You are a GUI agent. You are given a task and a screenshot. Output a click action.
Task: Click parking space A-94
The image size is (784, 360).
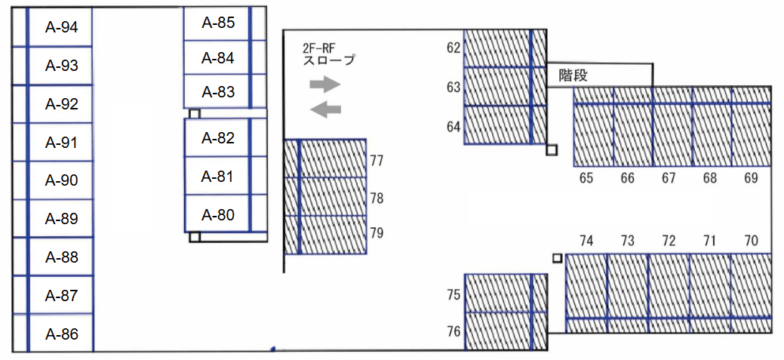61,27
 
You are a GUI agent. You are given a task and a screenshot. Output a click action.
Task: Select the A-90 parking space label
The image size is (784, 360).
61,180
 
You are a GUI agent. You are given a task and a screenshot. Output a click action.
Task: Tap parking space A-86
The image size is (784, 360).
61,334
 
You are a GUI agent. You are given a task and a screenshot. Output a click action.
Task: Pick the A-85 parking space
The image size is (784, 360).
218,23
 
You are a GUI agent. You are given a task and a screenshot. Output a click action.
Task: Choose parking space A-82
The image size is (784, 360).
218,138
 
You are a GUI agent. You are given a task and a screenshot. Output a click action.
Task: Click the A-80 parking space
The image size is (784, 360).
218,215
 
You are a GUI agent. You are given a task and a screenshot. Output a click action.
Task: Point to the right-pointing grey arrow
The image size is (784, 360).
325,84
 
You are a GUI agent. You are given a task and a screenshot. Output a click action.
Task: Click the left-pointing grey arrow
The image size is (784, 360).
325,109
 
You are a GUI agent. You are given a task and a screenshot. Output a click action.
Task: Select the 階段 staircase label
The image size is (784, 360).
573,75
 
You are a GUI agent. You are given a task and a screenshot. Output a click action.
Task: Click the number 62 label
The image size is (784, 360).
453,48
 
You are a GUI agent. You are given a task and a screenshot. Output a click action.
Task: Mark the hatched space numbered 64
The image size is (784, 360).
498,125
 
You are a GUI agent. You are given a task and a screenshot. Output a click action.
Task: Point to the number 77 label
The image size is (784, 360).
377,160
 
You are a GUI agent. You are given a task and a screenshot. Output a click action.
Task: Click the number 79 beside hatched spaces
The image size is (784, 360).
377,232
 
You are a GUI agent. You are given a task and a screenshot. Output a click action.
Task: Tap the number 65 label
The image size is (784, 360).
586,178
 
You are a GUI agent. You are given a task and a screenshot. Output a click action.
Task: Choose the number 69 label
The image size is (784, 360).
751,178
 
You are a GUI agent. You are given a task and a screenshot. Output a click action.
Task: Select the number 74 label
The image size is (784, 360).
586,241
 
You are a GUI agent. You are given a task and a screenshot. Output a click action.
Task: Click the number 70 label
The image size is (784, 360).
751,241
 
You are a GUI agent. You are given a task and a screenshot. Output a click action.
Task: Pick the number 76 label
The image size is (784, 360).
453,331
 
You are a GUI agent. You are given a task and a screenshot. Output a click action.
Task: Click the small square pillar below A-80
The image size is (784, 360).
195,236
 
